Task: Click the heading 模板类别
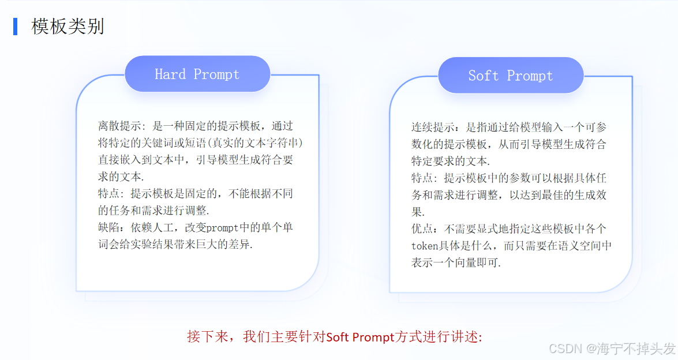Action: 68,27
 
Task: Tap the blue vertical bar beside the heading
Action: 15,27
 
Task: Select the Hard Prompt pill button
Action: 197,74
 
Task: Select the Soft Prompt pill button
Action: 511,76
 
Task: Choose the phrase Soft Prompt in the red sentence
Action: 360,337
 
